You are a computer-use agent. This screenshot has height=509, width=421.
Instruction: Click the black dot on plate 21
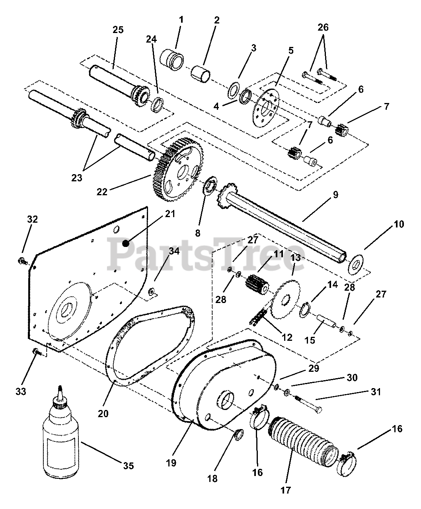point(126,243)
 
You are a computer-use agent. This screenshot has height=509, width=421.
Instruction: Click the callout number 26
point(323,27)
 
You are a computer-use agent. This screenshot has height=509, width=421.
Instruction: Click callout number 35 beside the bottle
point(128,466)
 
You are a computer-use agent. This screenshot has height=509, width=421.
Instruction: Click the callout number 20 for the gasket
point(103,414)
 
